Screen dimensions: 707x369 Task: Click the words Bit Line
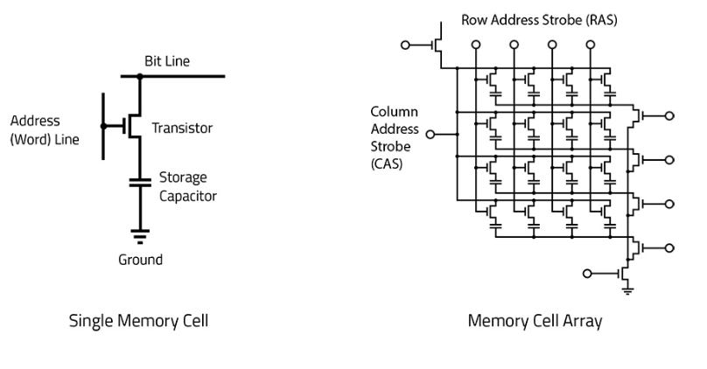coord(167,61)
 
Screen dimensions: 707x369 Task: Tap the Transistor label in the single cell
coord(182,128)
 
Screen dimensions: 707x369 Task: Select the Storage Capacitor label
coord(187,186)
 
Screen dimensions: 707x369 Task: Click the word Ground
coord(140,260)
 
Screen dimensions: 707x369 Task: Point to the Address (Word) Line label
coord(45,130)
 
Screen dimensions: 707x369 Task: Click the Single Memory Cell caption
coord(138,321)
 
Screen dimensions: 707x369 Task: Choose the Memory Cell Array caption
coord(535,321)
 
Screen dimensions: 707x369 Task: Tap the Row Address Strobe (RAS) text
coord(539,20)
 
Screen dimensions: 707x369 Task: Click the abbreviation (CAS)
coord(387,164)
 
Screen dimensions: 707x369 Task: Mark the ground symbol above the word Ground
coord(140,237)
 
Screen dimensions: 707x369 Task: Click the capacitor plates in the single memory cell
coord(140,183)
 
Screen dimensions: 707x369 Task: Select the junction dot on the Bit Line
coord(140,77)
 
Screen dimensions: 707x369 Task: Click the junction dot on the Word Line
coord(103,126)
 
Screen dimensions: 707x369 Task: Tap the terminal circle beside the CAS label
coord(430,135)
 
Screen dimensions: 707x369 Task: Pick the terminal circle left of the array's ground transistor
coord(587,274)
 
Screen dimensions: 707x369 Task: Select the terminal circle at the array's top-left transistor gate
coord(405,45)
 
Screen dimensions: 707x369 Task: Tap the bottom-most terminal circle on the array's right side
coord(669,247)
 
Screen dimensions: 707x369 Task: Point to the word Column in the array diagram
coord(394,112)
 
